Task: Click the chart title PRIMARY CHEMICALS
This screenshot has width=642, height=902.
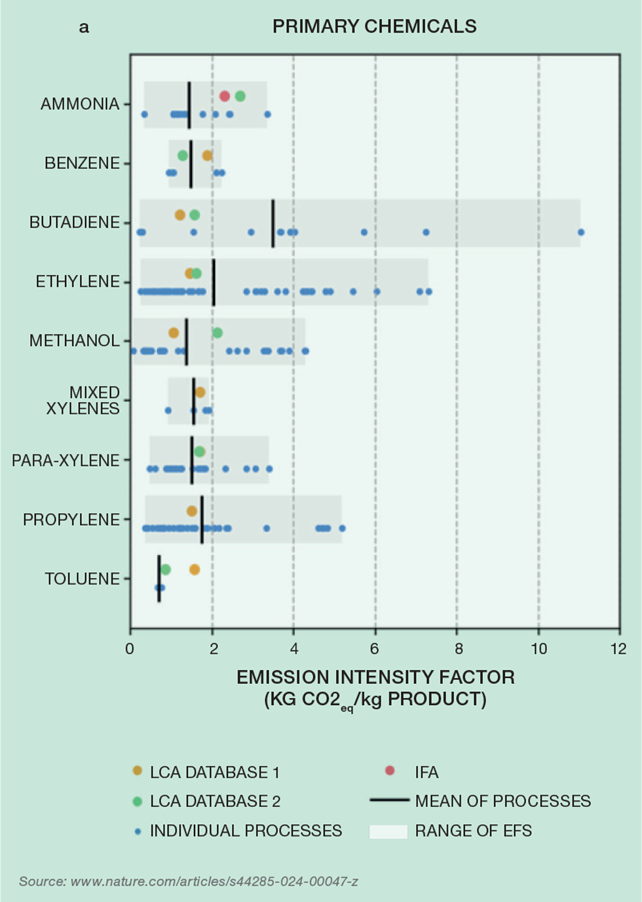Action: coord(374,26)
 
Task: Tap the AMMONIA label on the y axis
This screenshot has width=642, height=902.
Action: coord(80,104)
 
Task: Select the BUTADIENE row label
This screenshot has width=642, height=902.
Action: coord(75,223)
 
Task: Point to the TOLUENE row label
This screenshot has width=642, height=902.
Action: coord(83,579)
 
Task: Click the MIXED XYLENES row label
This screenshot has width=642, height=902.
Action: coord(83,401)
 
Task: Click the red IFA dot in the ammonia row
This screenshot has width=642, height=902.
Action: coord(225,96)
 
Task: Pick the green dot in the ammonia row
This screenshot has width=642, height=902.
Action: coord(240,96)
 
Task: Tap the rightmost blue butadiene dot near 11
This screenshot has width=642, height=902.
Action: coord(581,232)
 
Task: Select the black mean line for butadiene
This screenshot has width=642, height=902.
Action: coord(273,223)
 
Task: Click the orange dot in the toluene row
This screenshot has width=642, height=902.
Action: coord(195,569)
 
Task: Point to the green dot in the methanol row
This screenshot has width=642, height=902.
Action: coord(217,333)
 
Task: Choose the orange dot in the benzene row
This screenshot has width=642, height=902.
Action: coord(208,156)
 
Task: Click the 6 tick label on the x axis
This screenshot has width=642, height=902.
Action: coord(375,649)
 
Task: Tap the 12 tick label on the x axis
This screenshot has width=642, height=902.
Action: coord(618,649)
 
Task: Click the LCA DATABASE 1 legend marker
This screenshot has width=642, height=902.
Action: coord(138,771)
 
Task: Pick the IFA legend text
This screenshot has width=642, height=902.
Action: coord(426,772)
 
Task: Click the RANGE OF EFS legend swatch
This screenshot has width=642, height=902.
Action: coord(388,831)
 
